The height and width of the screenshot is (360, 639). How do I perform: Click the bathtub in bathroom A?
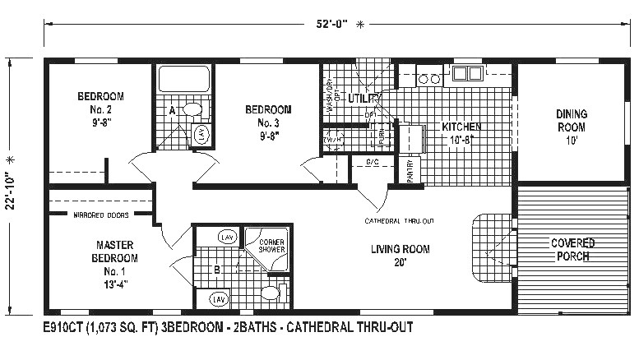click(x=184, y=80)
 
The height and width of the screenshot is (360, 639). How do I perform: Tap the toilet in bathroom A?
click(x=192, y=109)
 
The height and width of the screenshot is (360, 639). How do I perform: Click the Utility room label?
click(x=363, y=99)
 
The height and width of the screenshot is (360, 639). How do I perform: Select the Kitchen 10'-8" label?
click(x=461, y=133)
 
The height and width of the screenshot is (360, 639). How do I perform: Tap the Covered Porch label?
click(x=573, y=249)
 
